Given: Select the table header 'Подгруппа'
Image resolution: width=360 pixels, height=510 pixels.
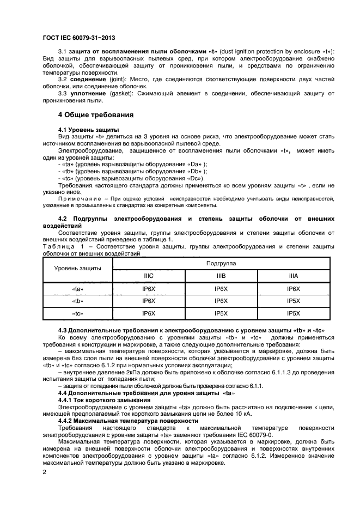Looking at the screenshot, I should pos(221,263).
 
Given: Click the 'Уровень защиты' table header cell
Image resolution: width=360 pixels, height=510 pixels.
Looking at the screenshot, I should pos(77,269).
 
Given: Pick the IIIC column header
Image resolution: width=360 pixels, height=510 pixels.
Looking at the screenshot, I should pos(149,276).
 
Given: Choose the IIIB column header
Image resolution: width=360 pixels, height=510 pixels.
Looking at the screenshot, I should pos(221,276).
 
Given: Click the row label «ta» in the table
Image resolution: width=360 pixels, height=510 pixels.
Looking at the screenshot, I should pos(77,289).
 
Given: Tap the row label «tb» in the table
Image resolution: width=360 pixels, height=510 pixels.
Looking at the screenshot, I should pos(77,301).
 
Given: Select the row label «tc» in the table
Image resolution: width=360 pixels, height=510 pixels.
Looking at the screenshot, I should pos(77,313).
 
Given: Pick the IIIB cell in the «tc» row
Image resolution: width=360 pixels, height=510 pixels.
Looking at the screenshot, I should pos(221,313).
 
